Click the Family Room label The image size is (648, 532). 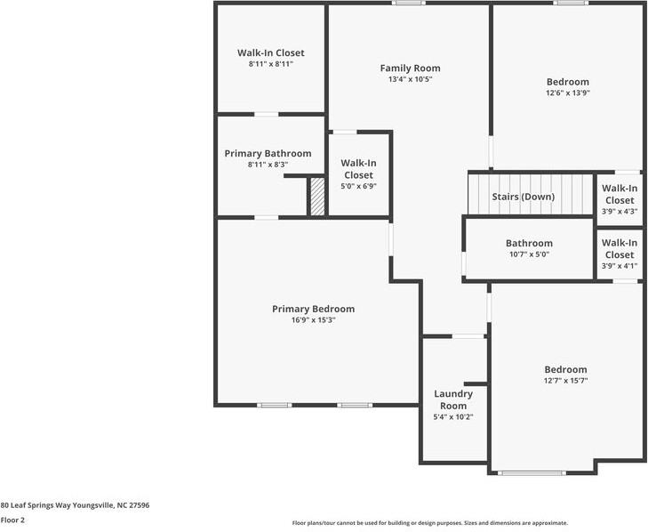(410, 69)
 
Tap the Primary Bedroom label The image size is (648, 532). (313, 309)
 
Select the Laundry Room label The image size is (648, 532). (453, 399)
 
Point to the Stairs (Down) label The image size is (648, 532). (524, 197)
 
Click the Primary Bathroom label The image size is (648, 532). (268, 154)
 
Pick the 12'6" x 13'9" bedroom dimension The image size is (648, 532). (567, 93)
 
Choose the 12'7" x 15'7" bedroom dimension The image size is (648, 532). (565, 381)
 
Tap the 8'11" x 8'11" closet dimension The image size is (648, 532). (271, 64)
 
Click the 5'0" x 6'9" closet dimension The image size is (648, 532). (358, 186)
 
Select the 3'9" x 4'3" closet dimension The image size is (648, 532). (620, 211)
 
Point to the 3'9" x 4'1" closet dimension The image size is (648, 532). (620, 266)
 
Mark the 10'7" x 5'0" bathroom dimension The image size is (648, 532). (529, 254)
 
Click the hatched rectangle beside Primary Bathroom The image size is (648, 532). (317, 196)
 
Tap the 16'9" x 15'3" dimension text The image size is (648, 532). (313, 320)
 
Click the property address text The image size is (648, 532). (75, 505)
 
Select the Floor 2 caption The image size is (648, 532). (12, 520)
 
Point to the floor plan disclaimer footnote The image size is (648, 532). (430, 523)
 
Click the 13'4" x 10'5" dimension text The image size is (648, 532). (410, 79)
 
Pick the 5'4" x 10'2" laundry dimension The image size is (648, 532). (453, 417)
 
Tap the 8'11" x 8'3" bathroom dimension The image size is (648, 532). (268, 165)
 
